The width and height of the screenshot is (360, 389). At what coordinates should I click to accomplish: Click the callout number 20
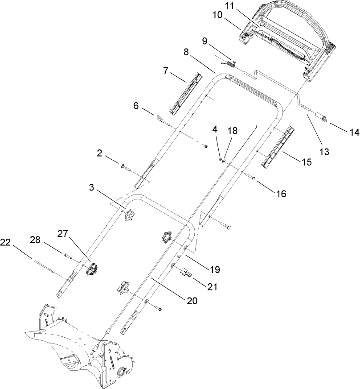click(192, 301)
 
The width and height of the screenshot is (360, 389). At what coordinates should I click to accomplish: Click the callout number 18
click(233, 131)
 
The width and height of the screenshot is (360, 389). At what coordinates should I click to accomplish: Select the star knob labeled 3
click(129, 216)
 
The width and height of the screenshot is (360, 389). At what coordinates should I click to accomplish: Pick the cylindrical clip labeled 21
click(186, 273)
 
